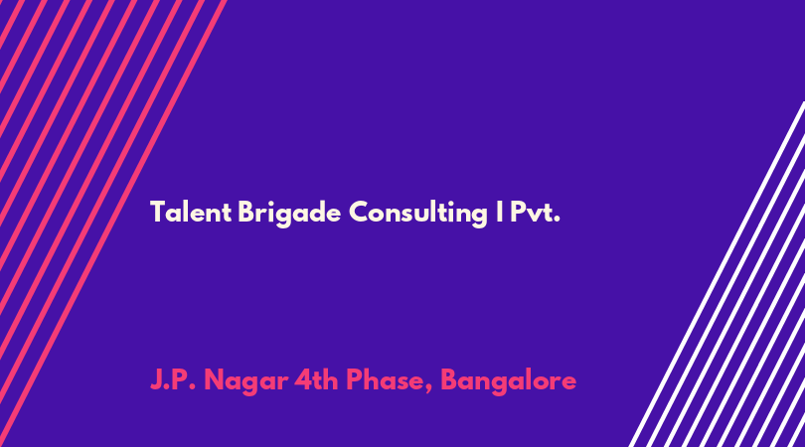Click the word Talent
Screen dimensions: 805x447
[x=191, y=212]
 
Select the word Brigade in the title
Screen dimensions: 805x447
[x=289, y=214]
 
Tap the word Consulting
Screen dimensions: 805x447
[x=417, y=214]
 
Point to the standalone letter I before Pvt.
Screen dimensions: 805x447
[x=500, y=212]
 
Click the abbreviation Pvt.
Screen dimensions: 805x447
[x=535, y=212]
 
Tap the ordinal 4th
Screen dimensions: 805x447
[x=315, y=379]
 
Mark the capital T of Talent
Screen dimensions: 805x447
[x=158, y=212]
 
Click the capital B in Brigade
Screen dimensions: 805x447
[x=246, y=212]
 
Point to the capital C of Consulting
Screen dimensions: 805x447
[x=360, y=212]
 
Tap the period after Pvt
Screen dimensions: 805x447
[x=557, y=220]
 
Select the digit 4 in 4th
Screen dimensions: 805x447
[x=303, y=380]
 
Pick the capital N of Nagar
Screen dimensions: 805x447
[x=214, y=380]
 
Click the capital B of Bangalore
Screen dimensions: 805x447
[x=449, y=380]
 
